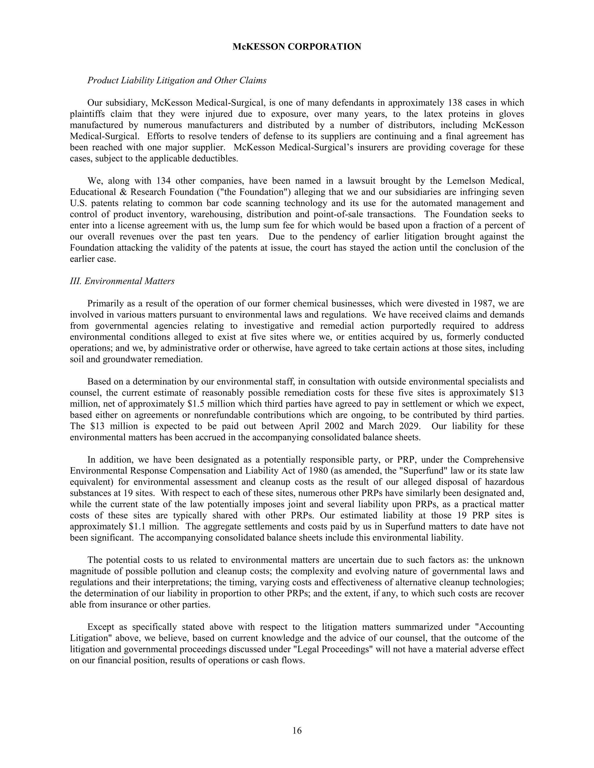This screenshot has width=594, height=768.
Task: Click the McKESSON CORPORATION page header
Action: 297,47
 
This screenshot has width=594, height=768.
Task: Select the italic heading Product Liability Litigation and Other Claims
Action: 177,81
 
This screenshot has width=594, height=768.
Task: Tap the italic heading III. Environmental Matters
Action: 122,281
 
